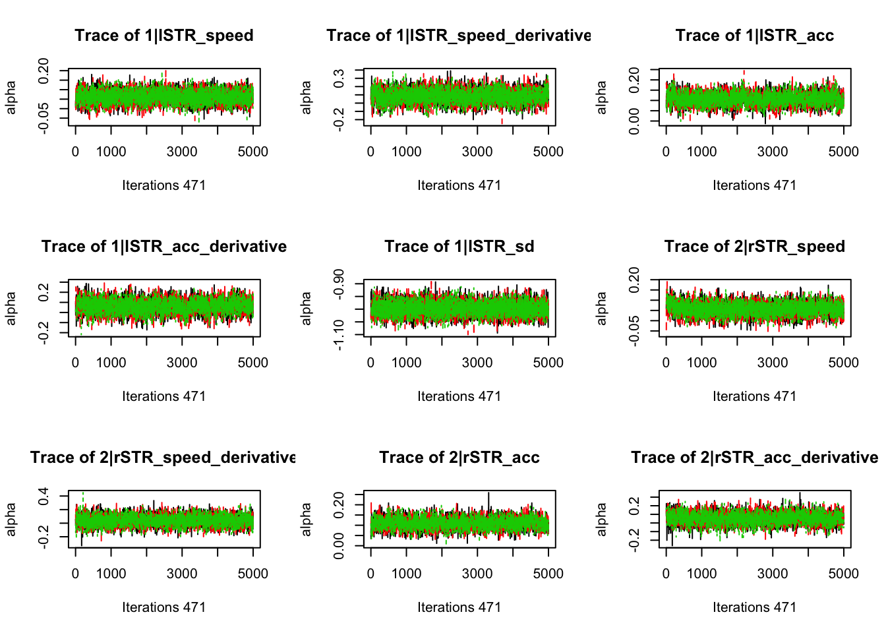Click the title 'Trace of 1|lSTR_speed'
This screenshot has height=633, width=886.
click(164, 36)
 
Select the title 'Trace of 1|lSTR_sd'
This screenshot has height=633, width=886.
click(459, 247)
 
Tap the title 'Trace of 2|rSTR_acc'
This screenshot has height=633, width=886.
click(459, 458)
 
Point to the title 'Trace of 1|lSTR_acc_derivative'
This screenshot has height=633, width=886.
click(164, 247)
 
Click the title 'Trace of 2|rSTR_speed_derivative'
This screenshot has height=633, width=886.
click(163, 458)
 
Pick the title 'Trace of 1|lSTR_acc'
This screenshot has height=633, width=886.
click(755, 36)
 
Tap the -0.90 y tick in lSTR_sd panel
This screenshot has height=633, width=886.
click(339, 283)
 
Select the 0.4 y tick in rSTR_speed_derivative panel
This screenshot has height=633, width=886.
click(44, 496)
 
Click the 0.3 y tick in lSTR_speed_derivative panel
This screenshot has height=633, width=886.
click(339, 78)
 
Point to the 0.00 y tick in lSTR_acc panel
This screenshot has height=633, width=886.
click(634, 121)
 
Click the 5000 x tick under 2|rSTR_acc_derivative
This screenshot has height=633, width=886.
click(844, 574)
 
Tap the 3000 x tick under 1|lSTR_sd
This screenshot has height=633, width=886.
click(477, 363)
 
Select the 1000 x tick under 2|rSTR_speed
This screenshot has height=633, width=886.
click(701, 363)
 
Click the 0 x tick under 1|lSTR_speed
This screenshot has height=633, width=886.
click(75, 152)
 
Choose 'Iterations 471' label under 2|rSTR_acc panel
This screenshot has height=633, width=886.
click(459, 607)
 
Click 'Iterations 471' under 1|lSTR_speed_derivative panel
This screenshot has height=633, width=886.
click(459, 185)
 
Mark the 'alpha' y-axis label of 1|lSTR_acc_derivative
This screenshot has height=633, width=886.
click(11, 309)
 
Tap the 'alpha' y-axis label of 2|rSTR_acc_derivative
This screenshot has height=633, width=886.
click(601, 520)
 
